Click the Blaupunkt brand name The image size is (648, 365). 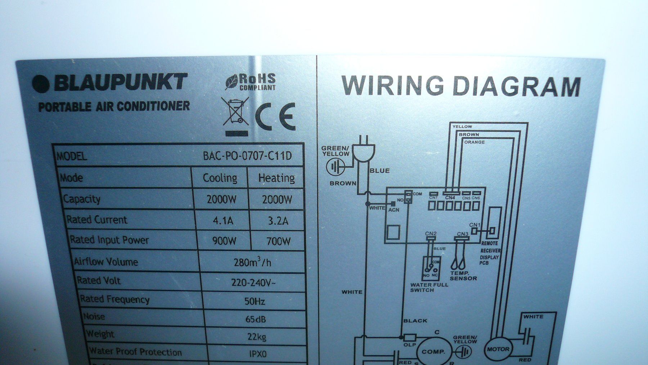[x=121, y=83]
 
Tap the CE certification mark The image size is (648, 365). [x=275, y=117]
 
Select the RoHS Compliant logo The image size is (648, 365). [x=251, y=82]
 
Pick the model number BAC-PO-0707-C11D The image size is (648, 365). [x=247, y=156]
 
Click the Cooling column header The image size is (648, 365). [x=220, y=178]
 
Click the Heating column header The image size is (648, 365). [x=276, y=178]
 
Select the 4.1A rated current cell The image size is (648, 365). [x=223, y=220]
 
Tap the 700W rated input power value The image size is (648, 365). [x=278, y=241]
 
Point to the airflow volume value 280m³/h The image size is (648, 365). [x=252, y=262]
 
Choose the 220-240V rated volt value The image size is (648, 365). [x=253, y=282]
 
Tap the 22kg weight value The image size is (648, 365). [x=257, y=337]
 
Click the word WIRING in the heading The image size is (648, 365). [x=392, y=85]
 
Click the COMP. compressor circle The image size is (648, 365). [x=433, y=351]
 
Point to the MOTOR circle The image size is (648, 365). [x=498, y=349]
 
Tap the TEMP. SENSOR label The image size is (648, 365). [x=463, y=276]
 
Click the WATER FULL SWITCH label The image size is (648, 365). [x=429, y=287]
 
